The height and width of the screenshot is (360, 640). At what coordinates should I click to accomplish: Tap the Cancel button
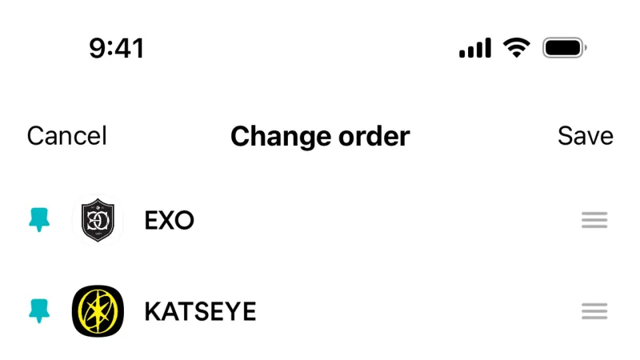[67, 135]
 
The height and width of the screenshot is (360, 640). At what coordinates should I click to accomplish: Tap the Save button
[586, 135]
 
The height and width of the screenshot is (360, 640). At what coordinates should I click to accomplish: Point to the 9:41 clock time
[116, 48]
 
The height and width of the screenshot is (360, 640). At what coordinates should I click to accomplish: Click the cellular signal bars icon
[475, 48]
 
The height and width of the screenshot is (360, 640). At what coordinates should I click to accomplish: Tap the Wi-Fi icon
[516, 48]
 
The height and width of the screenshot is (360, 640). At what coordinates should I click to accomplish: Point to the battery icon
[565, 48]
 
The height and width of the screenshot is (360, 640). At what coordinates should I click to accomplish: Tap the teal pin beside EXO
[39, 219]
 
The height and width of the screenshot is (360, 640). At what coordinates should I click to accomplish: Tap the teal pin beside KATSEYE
[39, 310]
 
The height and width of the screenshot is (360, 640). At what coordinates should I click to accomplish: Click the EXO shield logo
[98, 220]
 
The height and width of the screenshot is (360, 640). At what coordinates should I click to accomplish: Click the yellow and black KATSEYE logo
[98, 311]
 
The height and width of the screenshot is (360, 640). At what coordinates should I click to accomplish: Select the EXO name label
[169, 221]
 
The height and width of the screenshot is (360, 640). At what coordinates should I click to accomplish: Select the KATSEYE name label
[201, 311]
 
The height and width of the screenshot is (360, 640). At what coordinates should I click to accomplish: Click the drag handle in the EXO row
[594, 220]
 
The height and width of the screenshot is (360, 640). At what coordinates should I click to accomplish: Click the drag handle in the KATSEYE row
[594, 311]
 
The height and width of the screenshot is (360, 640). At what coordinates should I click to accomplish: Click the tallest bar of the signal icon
[487, 48]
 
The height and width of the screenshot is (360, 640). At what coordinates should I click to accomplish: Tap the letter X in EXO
[168, 221]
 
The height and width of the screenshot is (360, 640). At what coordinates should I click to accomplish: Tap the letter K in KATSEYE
[153, 311]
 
